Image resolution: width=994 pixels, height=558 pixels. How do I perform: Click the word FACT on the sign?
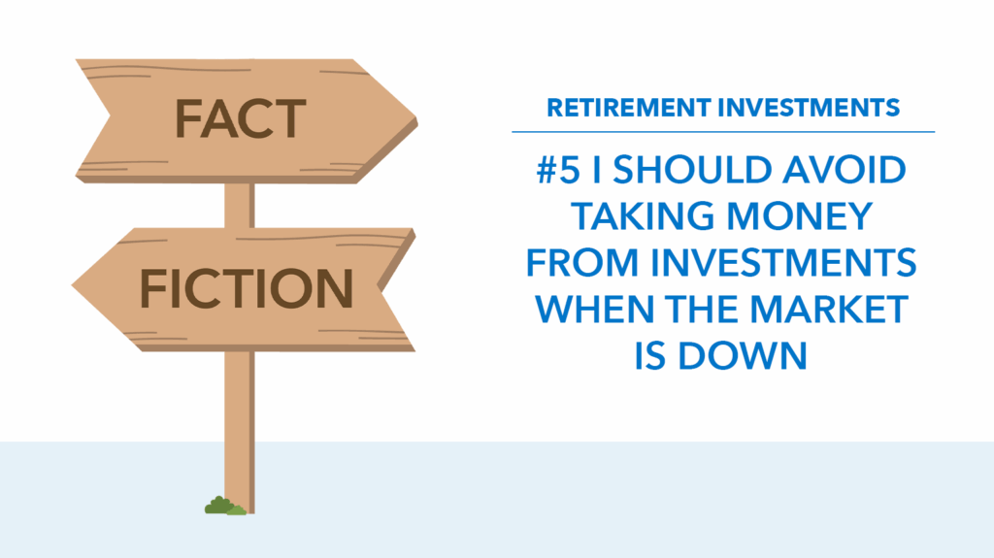pos(241,118)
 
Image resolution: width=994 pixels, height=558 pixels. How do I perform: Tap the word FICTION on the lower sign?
pos(246,288)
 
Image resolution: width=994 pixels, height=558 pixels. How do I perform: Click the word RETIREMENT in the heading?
pos(628,108)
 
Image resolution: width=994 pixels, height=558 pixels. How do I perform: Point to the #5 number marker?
pos(558,170)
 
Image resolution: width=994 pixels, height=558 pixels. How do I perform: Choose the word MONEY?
pos(800,216)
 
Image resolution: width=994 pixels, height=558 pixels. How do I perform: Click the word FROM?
pos(582,263)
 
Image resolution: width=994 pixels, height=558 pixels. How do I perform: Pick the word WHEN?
pos(595,309)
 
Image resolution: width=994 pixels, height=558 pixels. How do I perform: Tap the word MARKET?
pos(829,309)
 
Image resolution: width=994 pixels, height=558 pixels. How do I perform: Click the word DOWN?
pos(743,355)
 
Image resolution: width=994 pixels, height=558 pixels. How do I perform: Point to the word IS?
pos(649,355)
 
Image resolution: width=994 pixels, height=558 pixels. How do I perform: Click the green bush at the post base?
pos(224,506)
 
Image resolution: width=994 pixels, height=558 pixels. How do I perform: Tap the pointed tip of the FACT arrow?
pos(416,118)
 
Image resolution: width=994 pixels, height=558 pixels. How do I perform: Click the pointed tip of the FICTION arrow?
pos(73,285)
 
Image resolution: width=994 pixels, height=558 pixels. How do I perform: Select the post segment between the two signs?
pos(240,206)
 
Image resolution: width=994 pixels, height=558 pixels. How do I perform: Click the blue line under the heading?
pos(723,132)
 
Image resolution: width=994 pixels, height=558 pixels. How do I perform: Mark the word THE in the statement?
pos(702,309)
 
